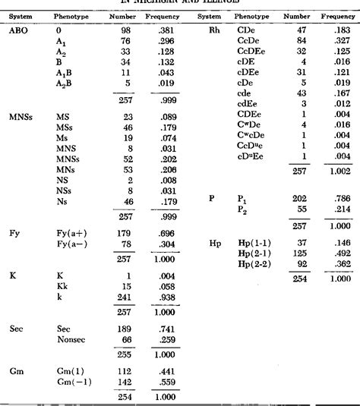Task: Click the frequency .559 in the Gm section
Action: (x=158, y=382)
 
